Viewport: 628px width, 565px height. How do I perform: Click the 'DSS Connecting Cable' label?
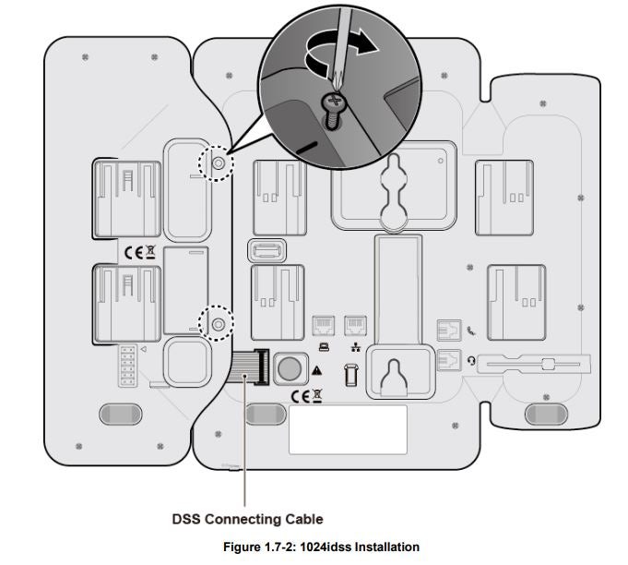(x=247, y=519)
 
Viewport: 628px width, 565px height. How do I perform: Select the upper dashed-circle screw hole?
(x=218, y=163)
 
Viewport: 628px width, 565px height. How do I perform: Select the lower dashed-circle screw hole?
(x=218, y=324)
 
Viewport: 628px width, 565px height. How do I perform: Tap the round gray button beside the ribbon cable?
(x=290, y=368)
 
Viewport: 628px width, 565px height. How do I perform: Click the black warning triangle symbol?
(x=316, y=370)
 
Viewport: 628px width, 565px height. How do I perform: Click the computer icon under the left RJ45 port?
(x=323, y=347)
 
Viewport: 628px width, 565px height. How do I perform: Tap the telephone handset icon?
(x=471, y=330)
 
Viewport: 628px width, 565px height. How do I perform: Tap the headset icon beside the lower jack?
(x=471, y=361)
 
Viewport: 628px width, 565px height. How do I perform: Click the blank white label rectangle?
(x=348, y=429)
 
